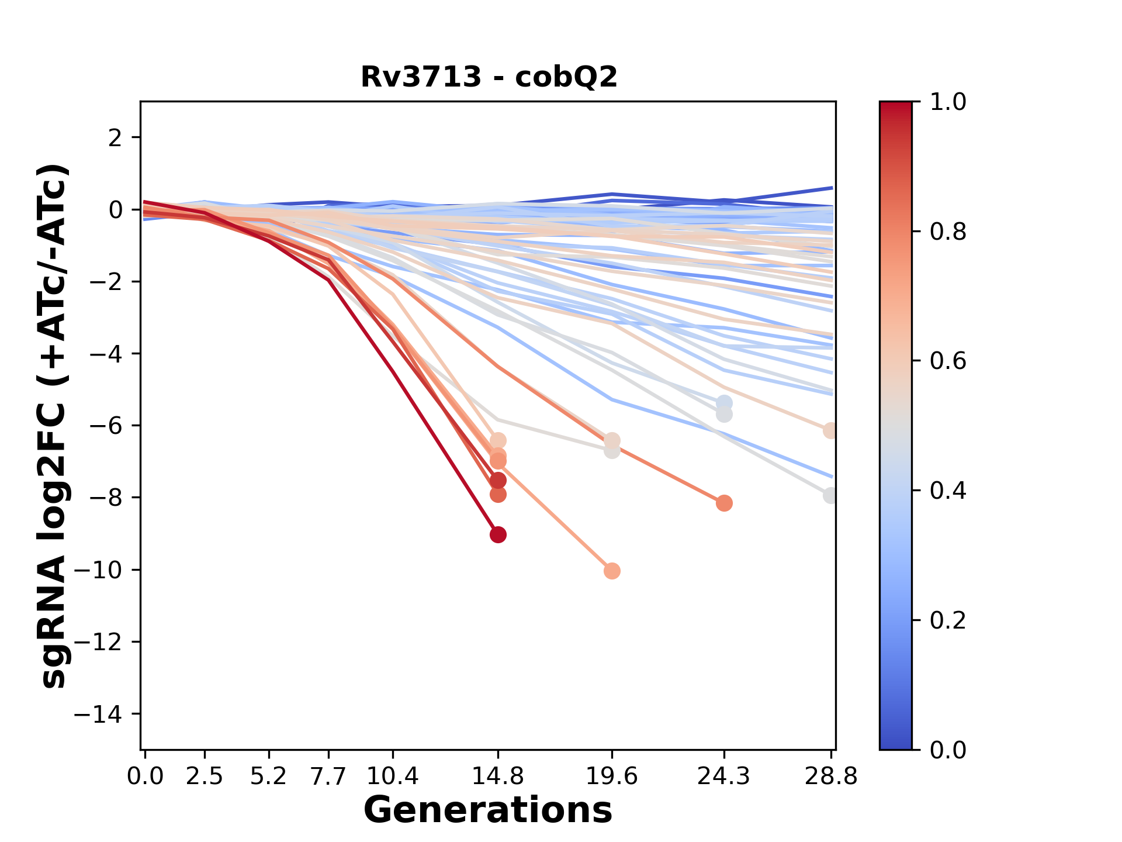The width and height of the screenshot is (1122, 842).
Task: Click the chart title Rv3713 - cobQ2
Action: click(x=489, y=77)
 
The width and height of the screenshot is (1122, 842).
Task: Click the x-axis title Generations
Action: click(x=488, y=810)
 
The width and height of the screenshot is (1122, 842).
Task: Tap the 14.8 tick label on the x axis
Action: click(x=498, y=776)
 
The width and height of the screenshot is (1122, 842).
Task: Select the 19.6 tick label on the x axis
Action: click(x=612, y=776)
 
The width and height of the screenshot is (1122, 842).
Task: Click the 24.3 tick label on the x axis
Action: click(x=724, y=776)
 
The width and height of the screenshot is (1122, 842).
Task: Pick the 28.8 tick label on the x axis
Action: click(x=831, y=776)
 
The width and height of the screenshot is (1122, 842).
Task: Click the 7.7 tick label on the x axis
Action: click(x=329, y=776)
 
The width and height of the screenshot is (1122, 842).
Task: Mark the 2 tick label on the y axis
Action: click(x=115, y=137)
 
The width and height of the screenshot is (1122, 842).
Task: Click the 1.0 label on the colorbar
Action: click(x=948, y=102)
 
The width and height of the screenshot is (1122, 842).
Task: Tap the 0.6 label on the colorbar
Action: click(x=948, y=361)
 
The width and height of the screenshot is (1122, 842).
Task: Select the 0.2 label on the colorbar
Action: click(x=948, y=620)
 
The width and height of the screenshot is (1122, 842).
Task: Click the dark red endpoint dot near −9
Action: click(x=498, y=534)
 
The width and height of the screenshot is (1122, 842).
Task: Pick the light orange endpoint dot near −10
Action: click(x=612, y=571)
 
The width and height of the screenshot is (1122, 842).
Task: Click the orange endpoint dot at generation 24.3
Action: click(x=724, y=503)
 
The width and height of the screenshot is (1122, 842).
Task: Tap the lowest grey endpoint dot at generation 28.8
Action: click(x=830, y=495)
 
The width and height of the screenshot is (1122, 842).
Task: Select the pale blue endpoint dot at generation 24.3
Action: click(x=724, y=403)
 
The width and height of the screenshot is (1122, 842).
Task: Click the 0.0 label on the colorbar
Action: click(x=948, y=750)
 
